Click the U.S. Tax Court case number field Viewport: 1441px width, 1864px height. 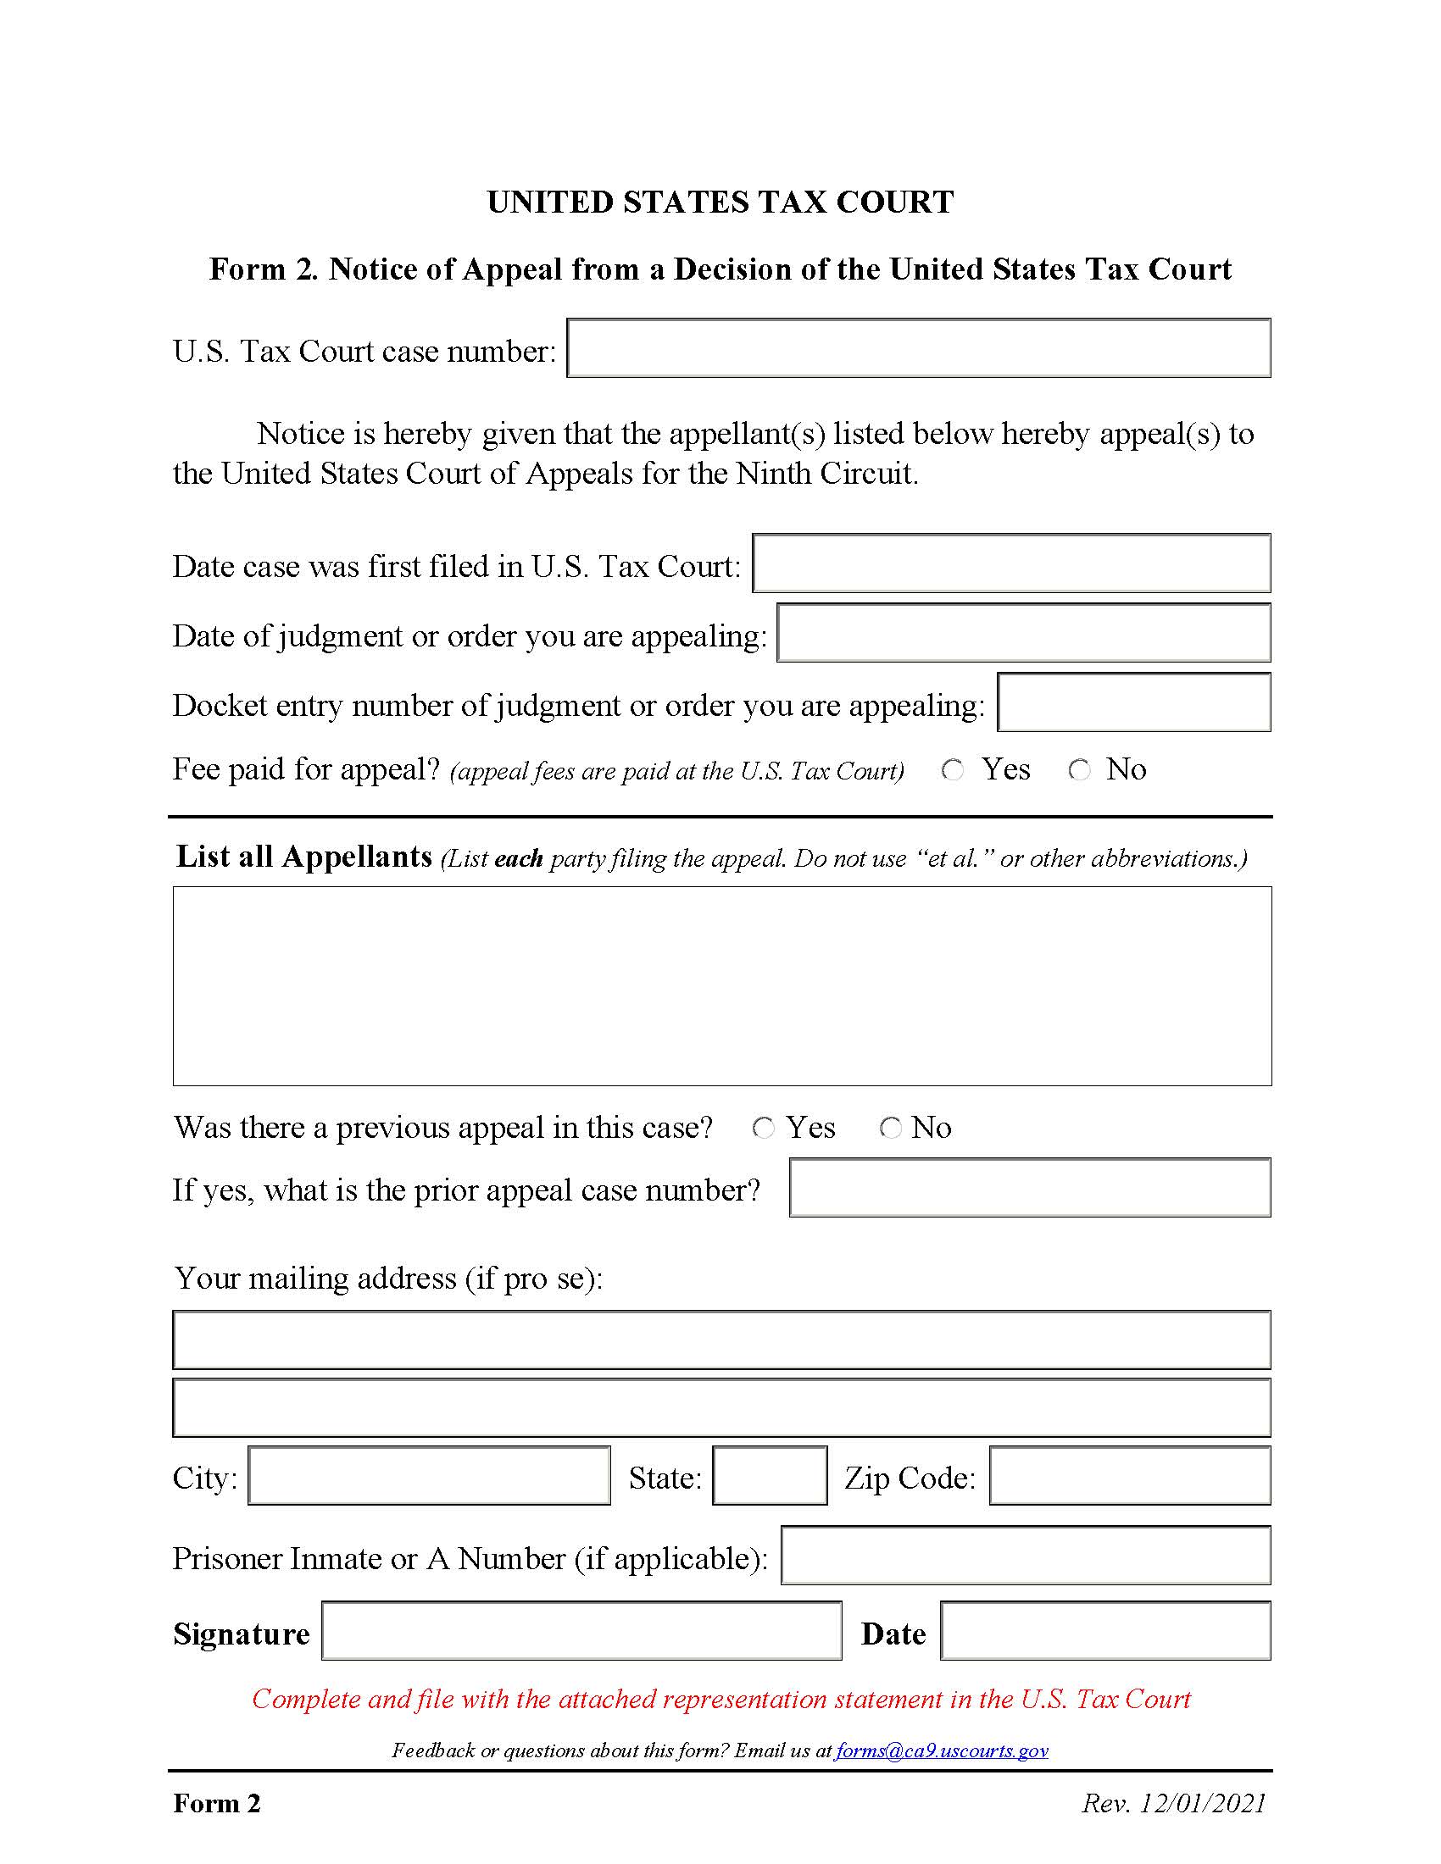(919, 348)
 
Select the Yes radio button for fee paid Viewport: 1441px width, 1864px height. (953, 770)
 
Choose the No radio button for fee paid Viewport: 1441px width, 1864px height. (1080, 770)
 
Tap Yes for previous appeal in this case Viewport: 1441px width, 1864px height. (763, 1129)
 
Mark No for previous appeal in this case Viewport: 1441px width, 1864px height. (890, 1129)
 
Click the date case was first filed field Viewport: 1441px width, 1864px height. (1010, 563)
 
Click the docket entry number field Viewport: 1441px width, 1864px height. (1133, 702)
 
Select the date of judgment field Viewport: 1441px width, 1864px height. (1024, 633)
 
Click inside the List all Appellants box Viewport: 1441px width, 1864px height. (721, 985)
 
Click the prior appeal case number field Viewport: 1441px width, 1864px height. (1030, 1187)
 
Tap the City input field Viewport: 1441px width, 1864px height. (430, 1476)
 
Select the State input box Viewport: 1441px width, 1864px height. (769, 1476)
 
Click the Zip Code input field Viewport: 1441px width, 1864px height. (1129, 1476)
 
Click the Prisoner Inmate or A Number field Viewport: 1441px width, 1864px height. (1026, 1555)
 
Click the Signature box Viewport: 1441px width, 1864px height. (581, 1631)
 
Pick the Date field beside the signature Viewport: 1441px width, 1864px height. (1105, 1631)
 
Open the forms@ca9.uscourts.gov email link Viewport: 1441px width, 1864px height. (941, 1750)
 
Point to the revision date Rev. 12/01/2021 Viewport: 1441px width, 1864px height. (1174, 1803)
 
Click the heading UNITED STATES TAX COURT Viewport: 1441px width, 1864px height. (720, 202)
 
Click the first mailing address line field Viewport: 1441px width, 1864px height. (721, 1341)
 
